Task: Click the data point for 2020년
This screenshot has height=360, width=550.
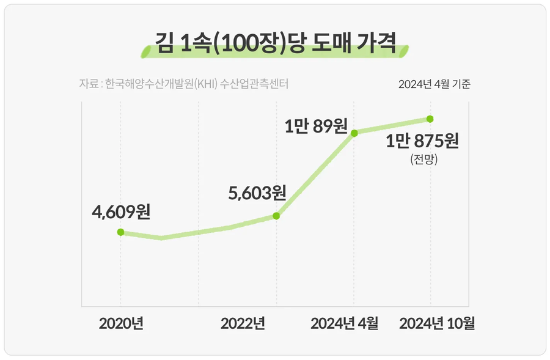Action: pyautogui.click(x=120, y=232)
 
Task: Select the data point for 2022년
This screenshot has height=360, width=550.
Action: pyautogui.click(x=276, y=216)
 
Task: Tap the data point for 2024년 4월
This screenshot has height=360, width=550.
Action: pyautogui.click(x=354, y=133)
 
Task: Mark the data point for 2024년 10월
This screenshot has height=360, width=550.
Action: pyautogui.click(x=430, y=119)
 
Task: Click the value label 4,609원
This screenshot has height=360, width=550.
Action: pyautogui.click(x=120, y=212)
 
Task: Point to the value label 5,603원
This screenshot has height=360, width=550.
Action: pyautogui.click(x=257, y=194)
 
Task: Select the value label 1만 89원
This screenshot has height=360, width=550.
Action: pyautogui.click(x=316, y=127)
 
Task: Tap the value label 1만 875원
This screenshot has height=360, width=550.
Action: pyautogui.click(x=422, y=141)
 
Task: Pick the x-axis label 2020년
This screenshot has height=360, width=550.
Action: pyautogui.click(x=121, y=323)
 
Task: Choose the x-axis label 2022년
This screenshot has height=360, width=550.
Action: pyautogui.click(x=243, y=323)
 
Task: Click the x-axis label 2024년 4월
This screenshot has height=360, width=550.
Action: pyautogui.click(x=344, y=323)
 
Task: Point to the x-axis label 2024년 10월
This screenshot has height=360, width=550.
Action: pyautogui.click(x=437, y=323)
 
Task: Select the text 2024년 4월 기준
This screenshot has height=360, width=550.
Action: pyautogui.click(x=434, y=84)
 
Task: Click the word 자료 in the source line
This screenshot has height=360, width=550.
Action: pyautogui.click(x=88, y=84)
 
